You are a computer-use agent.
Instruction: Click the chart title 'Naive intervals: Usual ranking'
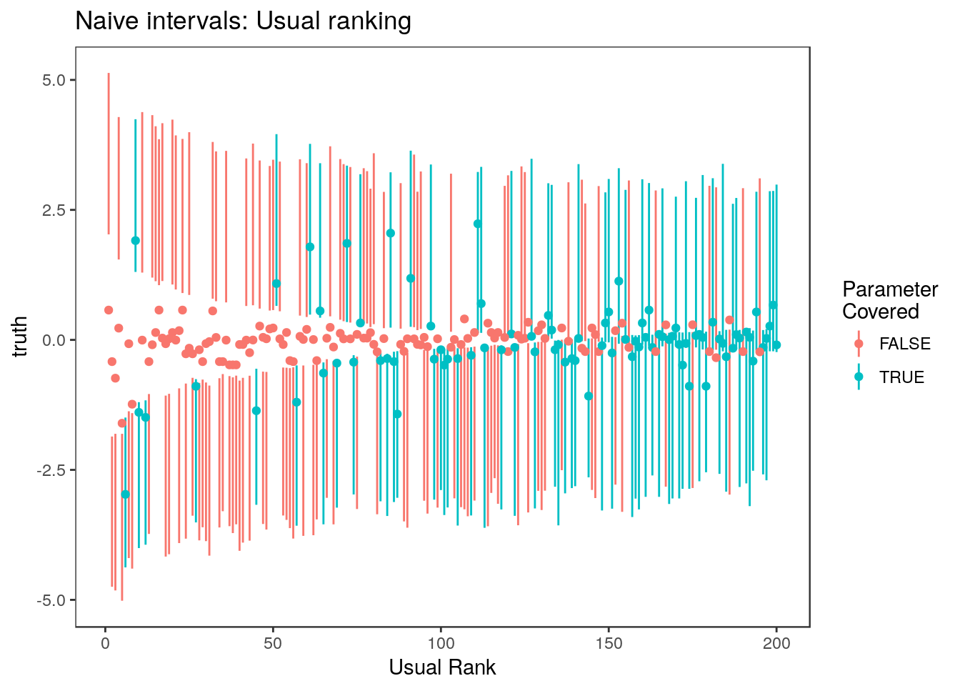[243, 21]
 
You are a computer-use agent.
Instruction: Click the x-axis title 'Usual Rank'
[442, 667]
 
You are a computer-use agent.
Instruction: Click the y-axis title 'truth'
[20, 337]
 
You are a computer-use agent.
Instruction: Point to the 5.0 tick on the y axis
[54, 80]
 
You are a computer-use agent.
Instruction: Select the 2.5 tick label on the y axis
[54, 210]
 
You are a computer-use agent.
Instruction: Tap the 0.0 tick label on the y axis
[54, 340]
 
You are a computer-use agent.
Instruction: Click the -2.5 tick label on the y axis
[51, 470]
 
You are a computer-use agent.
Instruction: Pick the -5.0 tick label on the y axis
[51, 600]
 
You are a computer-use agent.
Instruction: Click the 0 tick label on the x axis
[105, 643]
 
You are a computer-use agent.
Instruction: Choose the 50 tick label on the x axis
[273, 643]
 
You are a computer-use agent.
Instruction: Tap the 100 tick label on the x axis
[441, 643]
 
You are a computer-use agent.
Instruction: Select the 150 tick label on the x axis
[609, 643]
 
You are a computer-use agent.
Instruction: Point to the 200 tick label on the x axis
[776, 643]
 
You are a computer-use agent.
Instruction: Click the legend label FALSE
[904, 344]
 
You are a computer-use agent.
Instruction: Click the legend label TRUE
[901, 377]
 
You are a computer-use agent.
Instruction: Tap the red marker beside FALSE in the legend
[859, 344]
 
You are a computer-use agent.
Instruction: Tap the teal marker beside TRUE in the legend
[859, 377]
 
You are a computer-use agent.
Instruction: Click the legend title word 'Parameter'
[889, 289]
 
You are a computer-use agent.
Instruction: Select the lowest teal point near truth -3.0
[125, 494]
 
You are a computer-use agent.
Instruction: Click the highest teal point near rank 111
[477, 224]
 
